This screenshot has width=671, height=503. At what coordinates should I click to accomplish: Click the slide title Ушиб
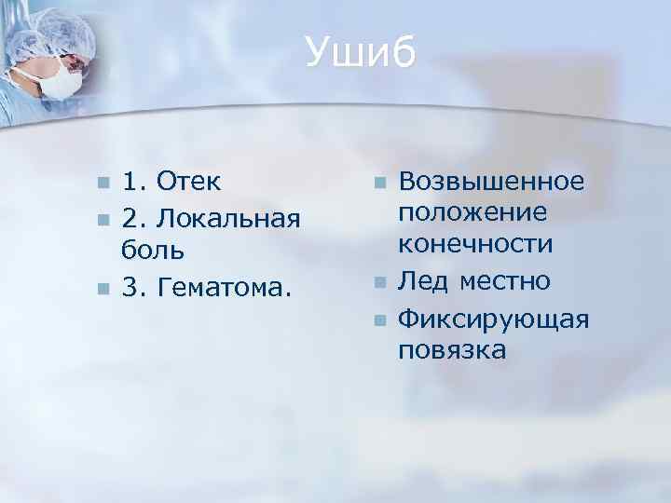(x=361, y=53)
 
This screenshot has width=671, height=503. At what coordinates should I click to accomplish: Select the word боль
(x=153, y=250)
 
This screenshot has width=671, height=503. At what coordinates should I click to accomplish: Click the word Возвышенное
(x=491, y=179)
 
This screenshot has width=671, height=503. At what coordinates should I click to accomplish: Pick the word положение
(x=472, y=211)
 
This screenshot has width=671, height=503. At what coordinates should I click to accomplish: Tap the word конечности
(x=476, y=244)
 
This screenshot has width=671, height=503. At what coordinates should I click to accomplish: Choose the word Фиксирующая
(x=494, y=319)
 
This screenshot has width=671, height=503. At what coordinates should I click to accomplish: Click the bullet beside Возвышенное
(x=378, y=180)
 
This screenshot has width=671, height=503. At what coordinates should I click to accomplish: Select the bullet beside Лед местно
(x=378, y=281)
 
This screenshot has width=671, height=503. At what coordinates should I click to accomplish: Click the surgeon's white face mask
(x=57, y=82)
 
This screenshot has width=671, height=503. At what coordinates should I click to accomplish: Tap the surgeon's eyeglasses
(x=72, y=63)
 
